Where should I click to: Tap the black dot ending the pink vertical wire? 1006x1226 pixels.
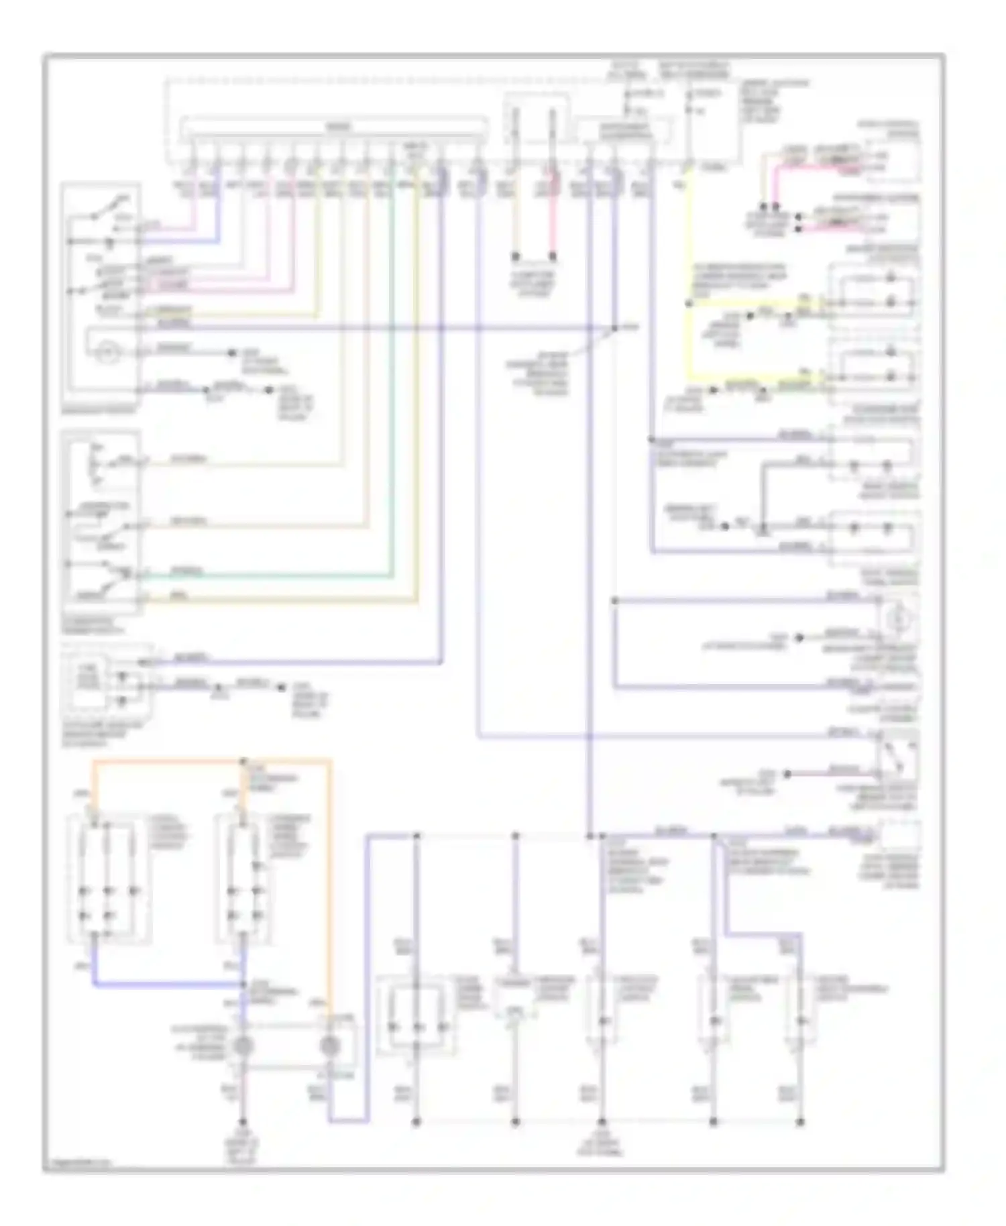553,256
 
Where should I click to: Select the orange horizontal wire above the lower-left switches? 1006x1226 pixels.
168,761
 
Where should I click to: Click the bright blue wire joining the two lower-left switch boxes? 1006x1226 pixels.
168,985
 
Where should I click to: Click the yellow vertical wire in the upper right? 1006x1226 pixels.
688,268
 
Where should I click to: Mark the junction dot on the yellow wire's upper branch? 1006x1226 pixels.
688,303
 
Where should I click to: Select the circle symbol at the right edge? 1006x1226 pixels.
897,620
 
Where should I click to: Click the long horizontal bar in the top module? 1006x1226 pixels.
333,126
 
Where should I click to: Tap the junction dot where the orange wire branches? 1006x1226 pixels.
243,761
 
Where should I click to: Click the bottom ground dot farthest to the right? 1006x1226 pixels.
799,1121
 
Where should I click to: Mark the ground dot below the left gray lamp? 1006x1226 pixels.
243,1121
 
